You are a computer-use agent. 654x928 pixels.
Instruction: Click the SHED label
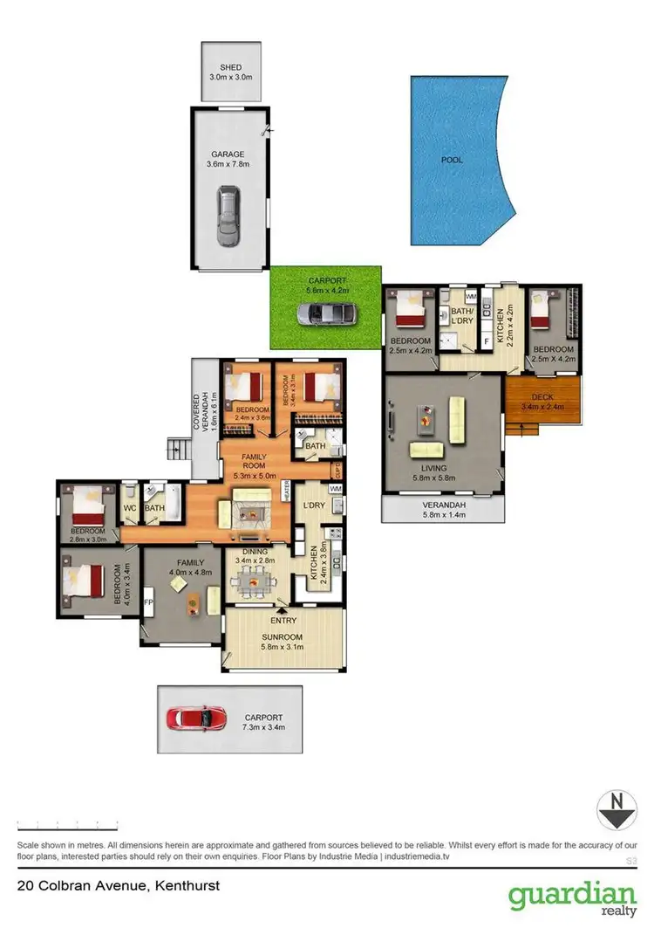230,66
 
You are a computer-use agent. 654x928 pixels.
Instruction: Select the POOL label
452,160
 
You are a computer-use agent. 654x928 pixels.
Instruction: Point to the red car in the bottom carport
197,718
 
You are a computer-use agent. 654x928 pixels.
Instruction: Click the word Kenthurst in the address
187,886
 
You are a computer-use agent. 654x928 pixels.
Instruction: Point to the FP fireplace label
147,601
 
